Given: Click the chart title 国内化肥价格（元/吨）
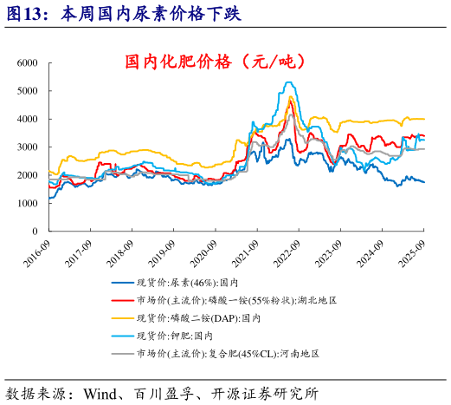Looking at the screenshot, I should pos(215,62).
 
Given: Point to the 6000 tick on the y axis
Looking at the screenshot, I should pos(27,63).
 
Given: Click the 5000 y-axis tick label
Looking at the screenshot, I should pos(27,91).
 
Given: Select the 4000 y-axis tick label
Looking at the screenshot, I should pos(27,120).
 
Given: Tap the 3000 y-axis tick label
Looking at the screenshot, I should pos(27,147).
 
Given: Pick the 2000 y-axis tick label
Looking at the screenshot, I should pos(27,176).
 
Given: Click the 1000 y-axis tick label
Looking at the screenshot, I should pos(27,204).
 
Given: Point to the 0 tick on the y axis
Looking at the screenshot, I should pos(34,232).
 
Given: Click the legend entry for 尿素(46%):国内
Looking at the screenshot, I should pos(195,282).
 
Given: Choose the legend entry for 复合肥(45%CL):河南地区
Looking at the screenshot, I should pos(229,354).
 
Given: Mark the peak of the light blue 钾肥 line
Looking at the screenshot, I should pos(288,82).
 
